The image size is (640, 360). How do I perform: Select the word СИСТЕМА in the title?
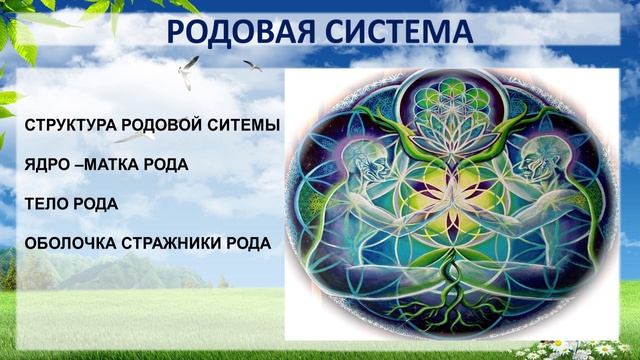pyautogui.click(x=405, y=32)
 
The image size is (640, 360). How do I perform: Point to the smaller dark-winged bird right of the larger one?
pyautogui.click(x=252, y=66)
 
